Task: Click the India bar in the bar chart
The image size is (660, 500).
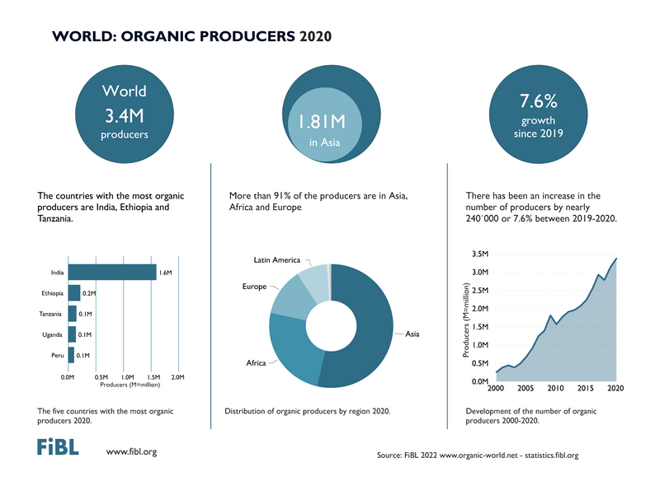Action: pyautogui.click(x=112, y=273)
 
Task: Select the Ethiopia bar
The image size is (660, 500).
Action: pyautogui.click(x=74, y=293)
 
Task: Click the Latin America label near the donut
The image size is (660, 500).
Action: pyautogui.click(x=276, y=259)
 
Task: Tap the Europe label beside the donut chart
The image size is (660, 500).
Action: pyautogui.click(x=254, y=286)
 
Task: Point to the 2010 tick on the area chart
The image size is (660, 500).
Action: pyautogui.click(x=555, y=387)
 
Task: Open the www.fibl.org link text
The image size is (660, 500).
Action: pyautogui.click(x=131, y=451)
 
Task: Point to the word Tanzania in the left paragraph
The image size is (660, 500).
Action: pyautogui.click(x=61, y=219)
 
